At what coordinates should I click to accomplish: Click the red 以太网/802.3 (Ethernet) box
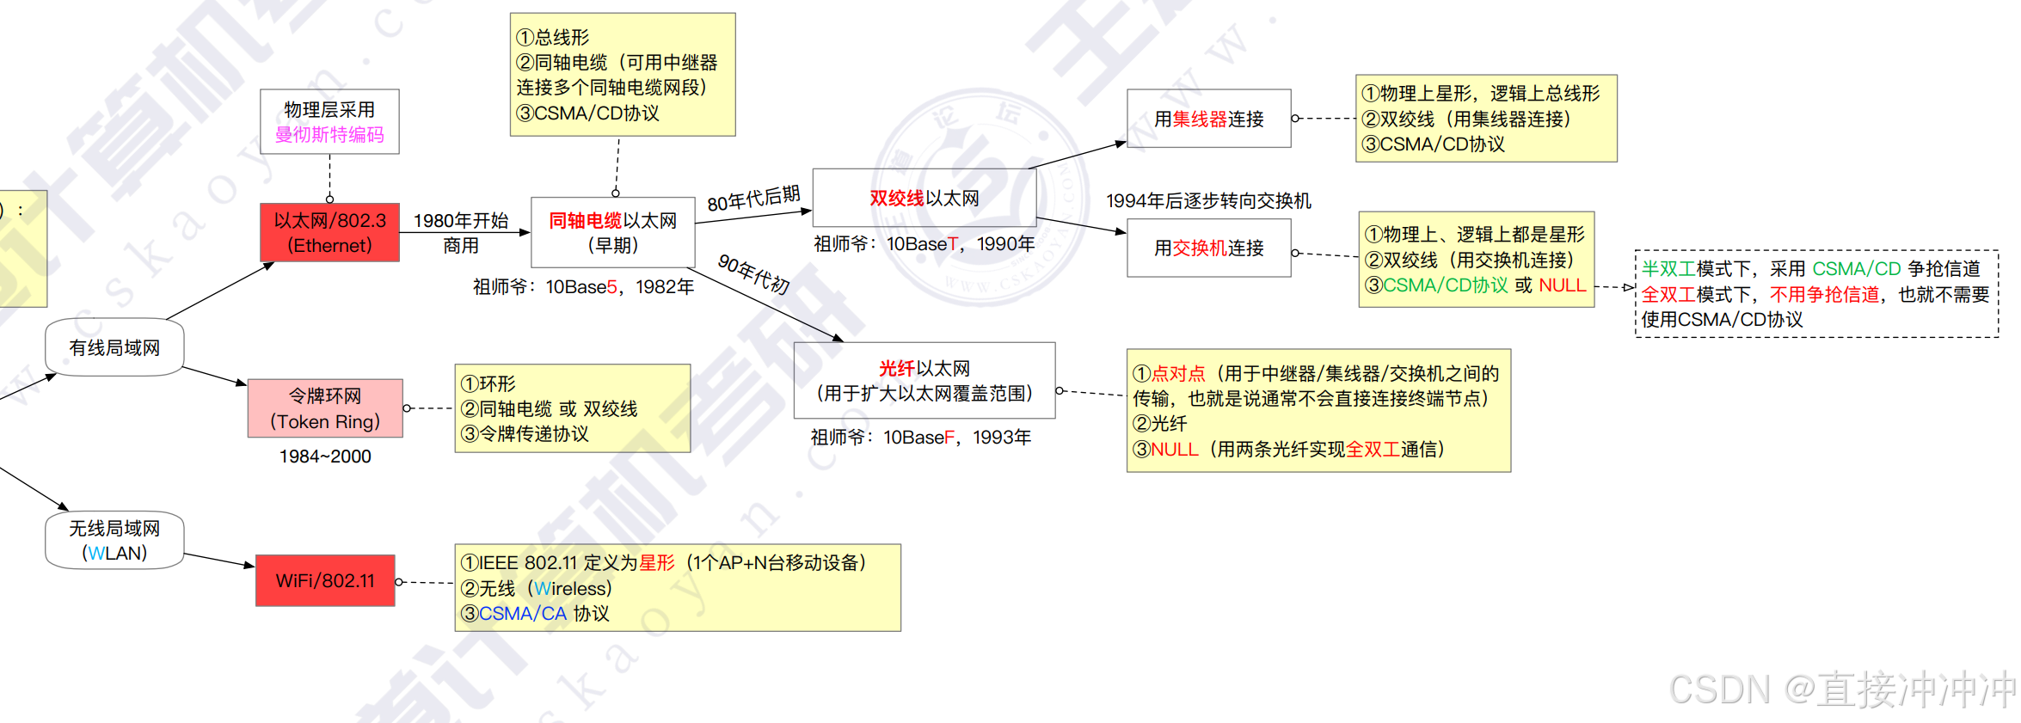329,232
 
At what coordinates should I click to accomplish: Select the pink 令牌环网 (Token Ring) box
325,408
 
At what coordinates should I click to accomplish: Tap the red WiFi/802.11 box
325,580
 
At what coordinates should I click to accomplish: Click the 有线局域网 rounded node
114,347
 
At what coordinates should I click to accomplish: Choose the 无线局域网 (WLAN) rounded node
114,540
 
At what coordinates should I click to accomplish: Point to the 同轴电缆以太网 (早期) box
612,232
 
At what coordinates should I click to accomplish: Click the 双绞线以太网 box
924,198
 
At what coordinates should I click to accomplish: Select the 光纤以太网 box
924,380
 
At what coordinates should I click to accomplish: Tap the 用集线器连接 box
1208,119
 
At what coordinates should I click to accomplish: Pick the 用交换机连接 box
1208,248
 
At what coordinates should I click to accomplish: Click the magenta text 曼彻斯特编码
329,135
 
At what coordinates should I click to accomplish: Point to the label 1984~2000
325,456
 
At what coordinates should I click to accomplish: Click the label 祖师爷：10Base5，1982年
583,287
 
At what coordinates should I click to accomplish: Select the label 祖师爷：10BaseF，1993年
920,438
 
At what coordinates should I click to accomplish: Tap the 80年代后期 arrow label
753,199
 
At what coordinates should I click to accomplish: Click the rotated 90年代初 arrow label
753,274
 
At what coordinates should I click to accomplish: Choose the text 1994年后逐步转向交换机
1208,201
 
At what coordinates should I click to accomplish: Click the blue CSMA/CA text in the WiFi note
522,614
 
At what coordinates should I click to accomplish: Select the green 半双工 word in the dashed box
1668,269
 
